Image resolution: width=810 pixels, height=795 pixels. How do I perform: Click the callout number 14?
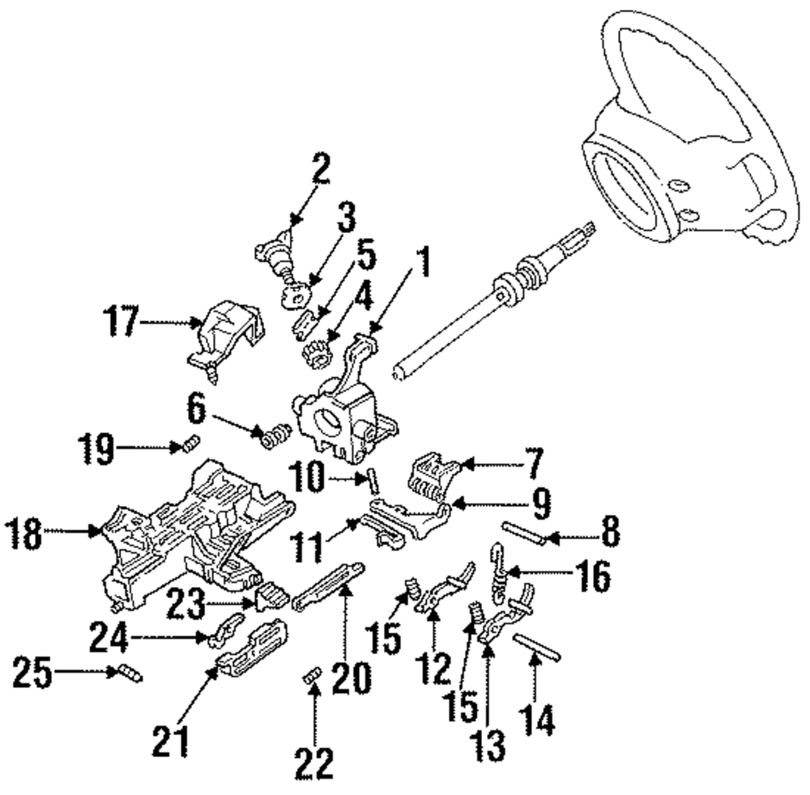[x=537, y=719]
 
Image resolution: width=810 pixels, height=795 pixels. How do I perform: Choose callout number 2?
[x=321, y=168]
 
